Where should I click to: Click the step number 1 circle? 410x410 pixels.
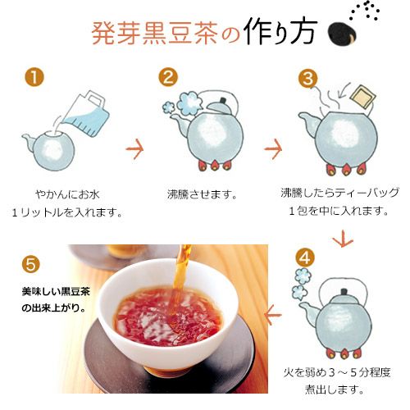pyautogui.click(x=34, y=78)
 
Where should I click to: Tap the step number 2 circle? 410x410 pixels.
pyautogui.click(x=168, y=78)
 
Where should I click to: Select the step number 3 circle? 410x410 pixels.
pyautogui.click(x=307, y=78)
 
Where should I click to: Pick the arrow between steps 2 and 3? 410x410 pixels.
pyautogui.click(x=272, y=150)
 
